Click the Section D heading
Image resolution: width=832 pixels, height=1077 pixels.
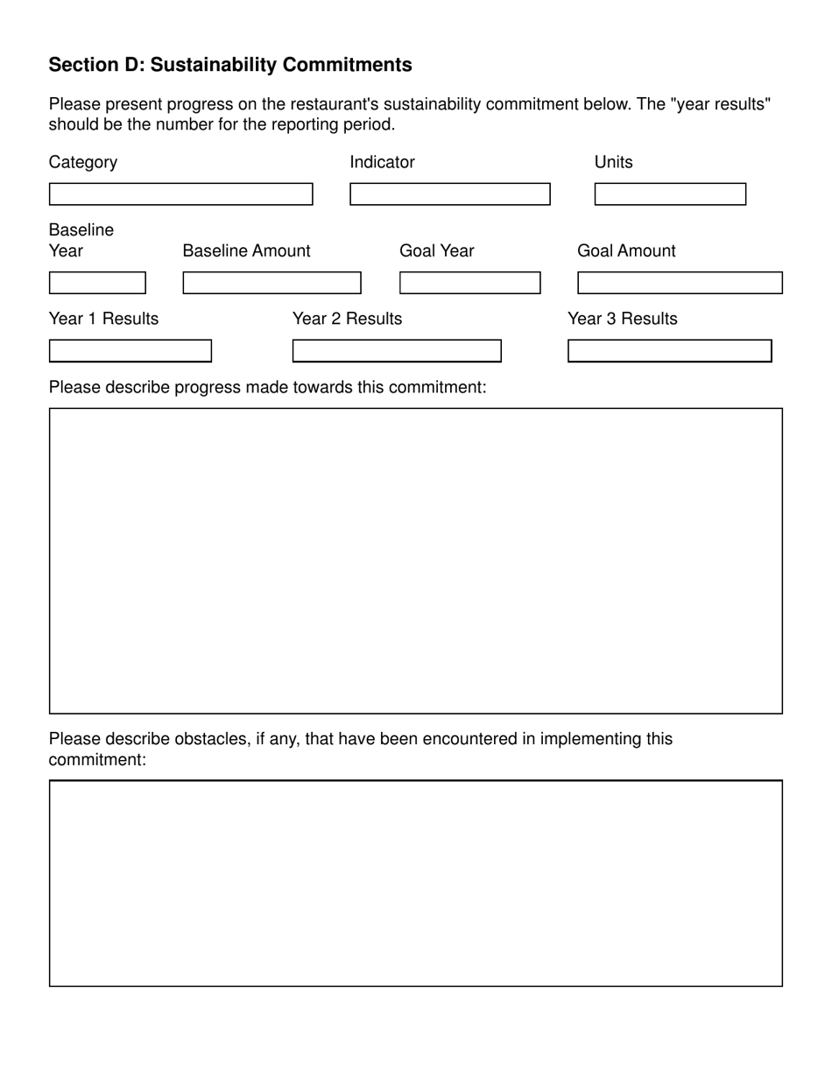coord(230,65)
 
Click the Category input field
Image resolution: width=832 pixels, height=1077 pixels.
coord(180,194)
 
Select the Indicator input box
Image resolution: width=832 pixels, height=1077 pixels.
coord(449,194)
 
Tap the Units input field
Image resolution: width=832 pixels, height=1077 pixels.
coord(670,194)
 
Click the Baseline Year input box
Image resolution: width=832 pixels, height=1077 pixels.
coord(97,283)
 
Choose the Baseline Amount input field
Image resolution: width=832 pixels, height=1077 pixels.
coord(271,283)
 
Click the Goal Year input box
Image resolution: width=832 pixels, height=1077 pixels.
coord(469,283)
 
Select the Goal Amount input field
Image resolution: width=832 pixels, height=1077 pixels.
coord(680,283)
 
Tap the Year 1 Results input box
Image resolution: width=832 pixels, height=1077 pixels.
coord(130,351)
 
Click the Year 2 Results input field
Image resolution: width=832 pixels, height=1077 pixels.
coord(397,351)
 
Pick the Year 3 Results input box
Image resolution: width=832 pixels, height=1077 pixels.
coord(670,351)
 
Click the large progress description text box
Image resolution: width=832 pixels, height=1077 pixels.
coord(415,560)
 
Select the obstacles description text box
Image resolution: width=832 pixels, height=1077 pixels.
coord(415,883)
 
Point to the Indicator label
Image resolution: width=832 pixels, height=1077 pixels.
coord(382,162)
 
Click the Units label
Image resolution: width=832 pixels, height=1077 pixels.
coord(613,162)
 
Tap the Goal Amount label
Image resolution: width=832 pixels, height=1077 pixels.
coord(626,251)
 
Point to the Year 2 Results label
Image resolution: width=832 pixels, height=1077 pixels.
coord(347,319)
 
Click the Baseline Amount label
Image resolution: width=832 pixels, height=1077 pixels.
coord(246,251)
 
